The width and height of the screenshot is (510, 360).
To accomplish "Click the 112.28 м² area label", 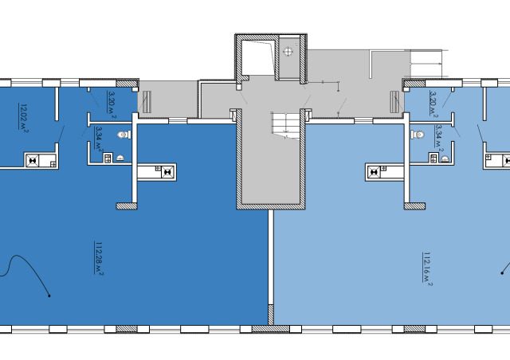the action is point(99,258).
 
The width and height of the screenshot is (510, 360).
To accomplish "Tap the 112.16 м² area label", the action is point(427,268).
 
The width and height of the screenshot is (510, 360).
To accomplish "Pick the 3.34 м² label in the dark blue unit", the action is point(99,139).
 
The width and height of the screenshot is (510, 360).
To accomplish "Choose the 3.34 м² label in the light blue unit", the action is point(439,139).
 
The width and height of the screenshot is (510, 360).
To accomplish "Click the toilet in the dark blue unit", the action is point(124,135).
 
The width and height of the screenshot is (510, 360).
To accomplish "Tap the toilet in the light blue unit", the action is point(418,134).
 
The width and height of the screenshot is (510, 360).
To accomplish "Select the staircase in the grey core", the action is point(286,125).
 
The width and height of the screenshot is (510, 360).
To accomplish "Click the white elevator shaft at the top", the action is point(258,57).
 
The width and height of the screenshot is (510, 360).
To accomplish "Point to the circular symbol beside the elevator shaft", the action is point(288,52).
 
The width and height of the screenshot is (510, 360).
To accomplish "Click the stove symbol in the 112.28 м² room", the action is point(167,172).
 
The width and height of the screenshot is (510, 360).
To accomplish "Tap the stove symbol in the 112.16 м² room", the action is point(374,172).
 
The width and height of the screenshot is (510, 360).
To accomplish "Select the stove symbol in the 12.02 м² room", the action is point(33,161).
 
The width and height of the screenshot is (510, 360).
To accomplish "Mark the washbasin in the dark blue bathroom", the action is point(120,158).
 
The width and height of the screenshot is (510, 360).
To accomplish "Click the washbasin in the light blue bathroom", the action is point(445,158).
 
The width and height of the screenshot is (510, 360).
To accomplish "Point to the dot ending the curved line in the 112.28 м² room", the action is point(49,295).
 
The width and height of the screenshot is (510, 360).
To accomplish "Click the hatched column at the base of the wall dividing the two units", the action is point(271,315).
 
